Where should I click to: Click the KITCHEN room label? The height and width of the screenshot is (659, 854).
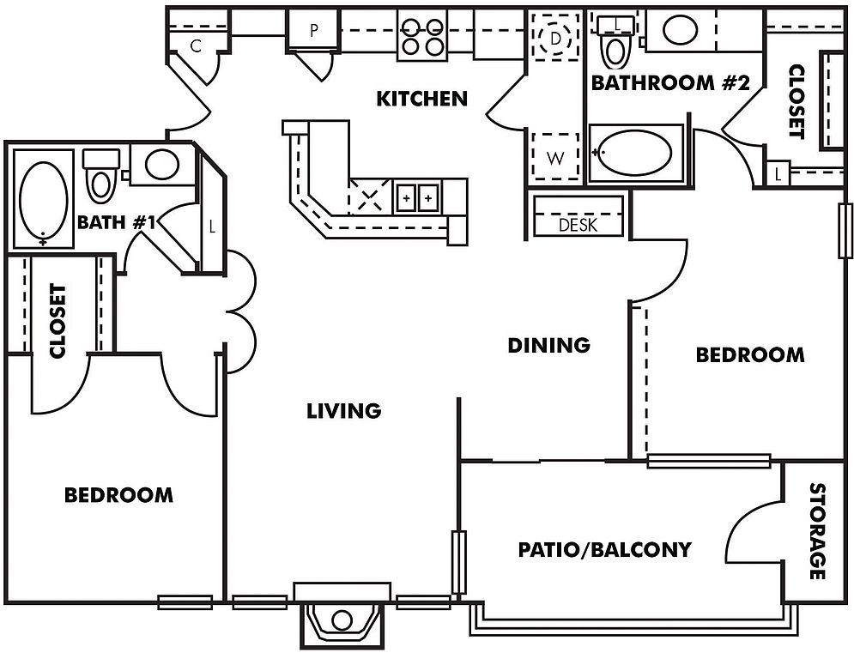[422, 99]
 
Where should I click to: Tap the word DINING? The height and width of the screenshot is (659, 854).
[549, 345]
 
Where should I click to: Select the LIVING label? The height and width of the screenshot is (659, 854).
[344, 411]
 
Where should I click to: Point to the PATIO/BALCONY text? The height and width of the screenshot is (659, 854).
[604, 550]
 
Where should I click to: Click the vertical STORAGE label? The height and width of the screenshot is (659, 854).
[817, 531]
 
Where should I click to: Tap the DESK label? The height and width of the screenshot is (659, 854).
[578, 225]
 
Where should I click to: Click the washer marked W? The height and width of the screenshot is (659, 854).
[555, 157]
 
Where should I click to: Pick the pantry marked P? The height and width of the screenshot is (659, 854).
[314, 31]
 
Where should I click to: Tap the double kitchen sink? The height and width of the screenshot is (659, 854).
[417, 197]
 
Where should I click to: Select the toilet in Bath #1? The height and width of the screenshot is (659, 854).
[100, 175]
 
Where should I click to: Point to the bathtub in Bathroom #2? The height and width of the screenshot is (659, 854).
[636, 153]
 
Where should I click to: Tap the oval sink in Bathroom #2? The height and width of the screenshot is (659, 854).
[681, 30]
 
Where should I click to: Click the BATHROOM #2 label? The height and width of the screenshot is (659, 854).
[670, 83]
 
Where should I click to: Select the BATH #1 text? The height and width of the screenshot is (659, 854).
[117, 222]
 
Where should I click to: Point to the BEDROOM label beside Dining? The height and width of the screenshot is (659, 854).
[750, 355]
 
